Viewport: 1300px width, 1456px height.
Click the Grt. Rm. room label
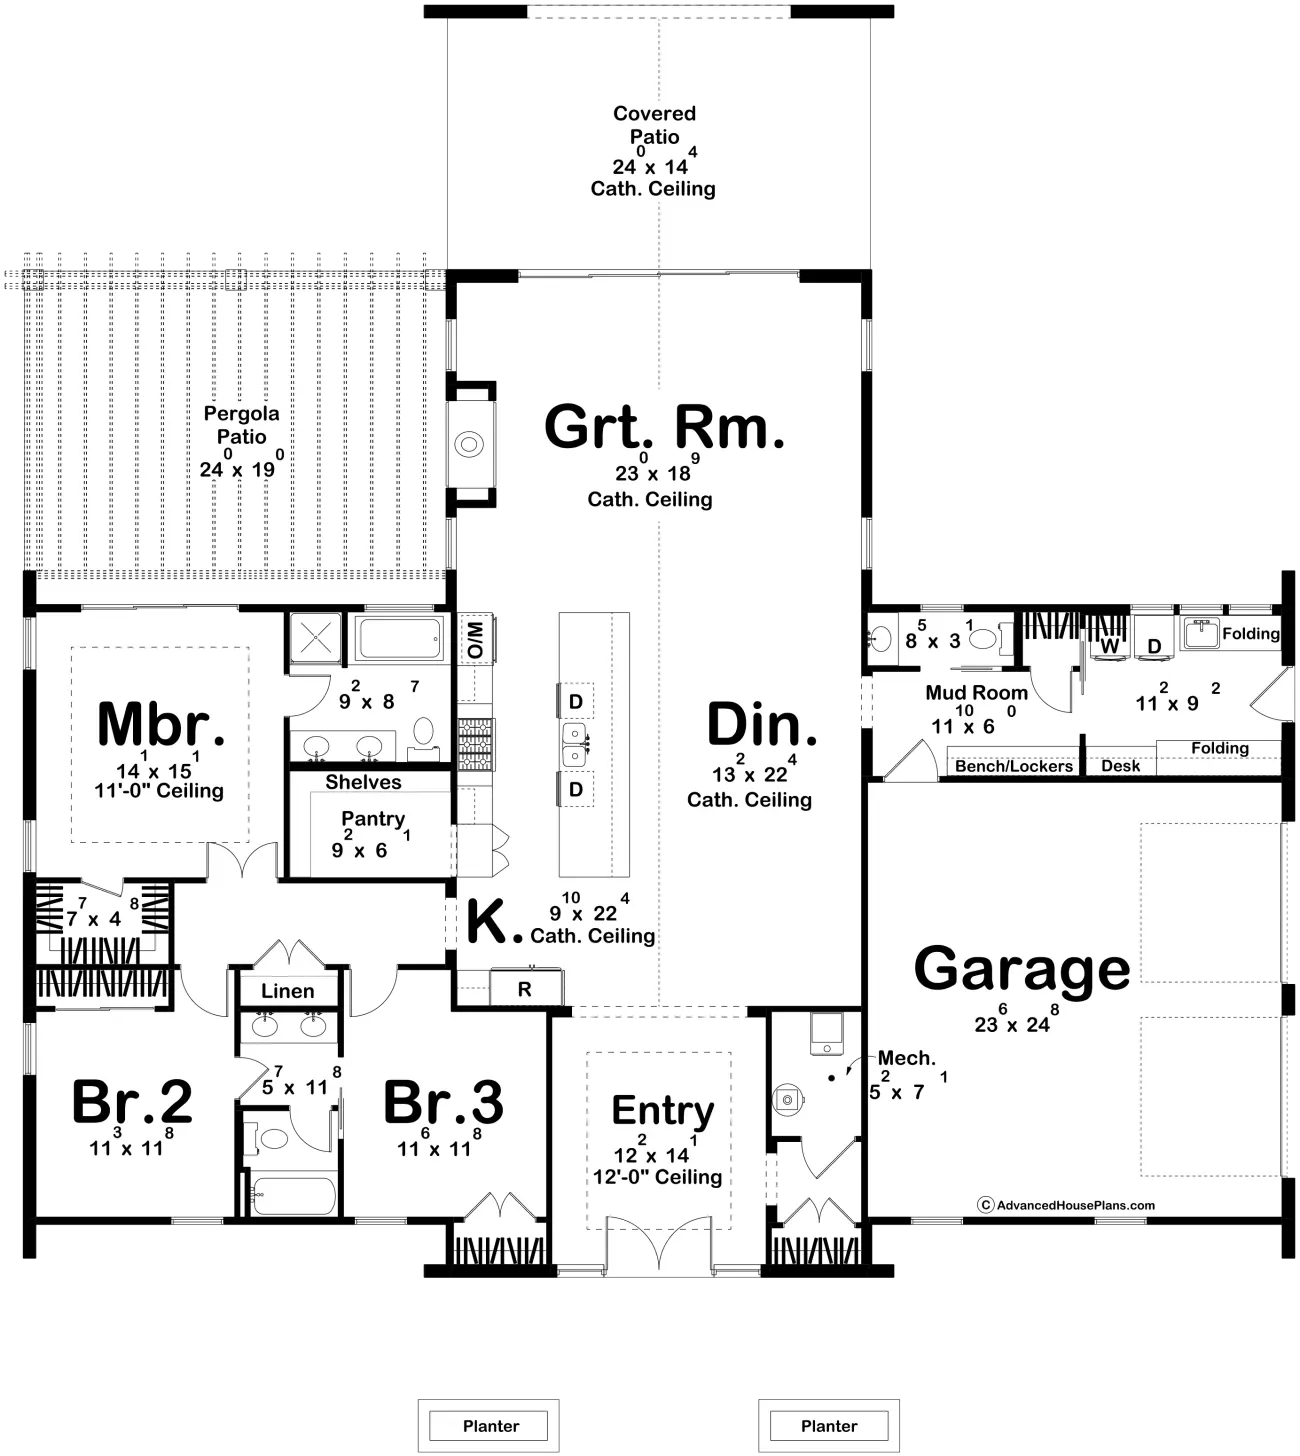[664, 427]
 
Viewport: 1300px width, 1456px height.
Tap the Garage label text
[1022, 970]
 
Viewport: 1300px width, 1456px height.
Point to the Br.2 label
[132, 1101]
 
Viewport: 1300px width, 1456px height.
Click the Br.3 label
[443, 1101]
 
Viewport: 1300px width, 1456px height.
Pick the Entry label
[663, 1112]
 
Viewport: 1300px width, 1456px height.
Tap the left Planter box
[489, 1426]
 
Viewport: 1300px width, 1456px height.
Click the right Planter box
[829, 1426]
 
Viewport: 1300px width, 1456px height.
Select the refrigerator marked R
[526, 987]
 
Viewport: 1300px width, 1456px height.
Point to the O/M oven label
[476, 639]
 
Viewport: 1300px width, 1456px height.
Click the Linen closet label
[287, 991]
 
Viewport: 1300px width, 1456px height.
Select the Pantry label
[373, 819]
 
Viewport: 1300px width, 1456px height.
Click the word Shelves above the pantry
[363, 782]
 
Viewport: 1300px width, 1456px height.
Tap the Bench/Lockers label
[1013, 766]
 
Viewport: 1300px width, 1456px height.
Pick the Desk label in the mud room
[1120, 766]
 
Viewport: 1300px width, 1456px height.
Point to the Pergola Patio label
[241, 425]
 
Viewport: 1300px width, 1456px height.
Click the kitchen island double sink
[575, 745]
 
